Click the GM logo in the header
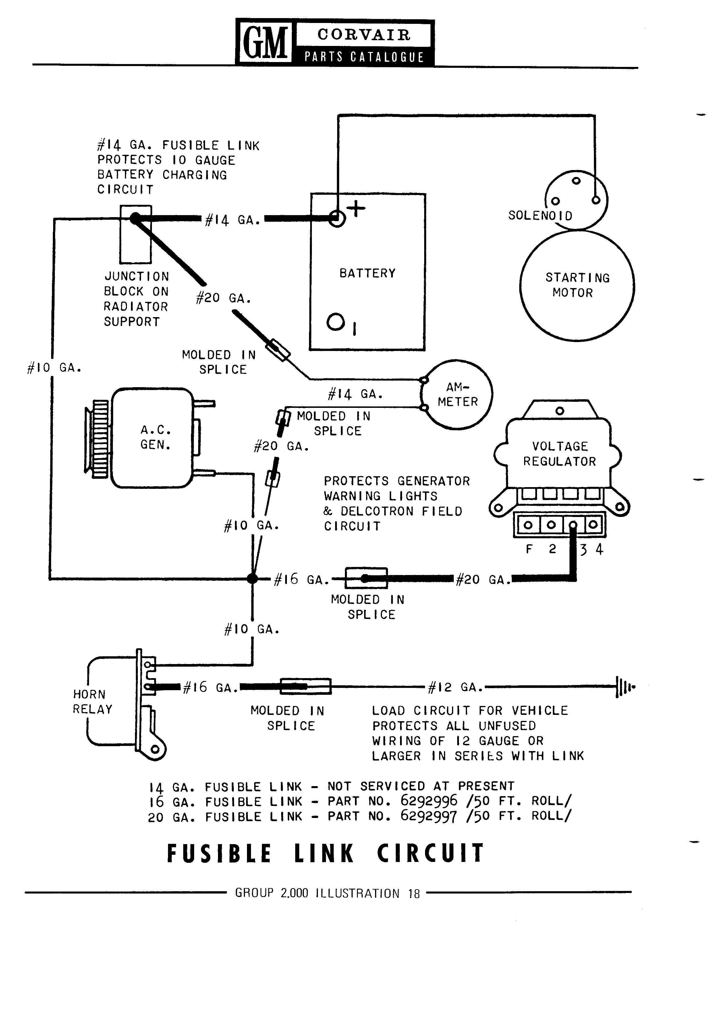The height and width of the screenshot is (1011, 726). coord(265,42)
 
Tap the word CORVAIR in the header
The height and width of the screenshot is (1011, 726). coord(364,34)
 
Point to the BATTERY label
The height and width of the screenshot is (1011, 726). coord(368,273)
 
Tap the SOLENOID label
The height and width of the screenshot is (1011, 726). coord(540,216)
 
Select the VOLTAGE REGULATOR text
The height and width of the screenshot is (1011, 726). coord(560,454)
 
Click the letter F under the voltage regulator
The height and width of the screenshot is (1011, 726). coord(529,549)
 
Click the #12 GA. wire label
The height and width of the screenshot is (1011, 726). coord(455,687)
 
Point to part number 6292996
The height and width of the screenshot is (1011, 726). coord(429,800)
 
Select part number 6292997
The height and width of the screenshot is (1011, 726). coord(429,816)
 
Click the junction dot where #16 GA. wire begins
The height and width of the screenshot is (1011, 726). coord(252,579)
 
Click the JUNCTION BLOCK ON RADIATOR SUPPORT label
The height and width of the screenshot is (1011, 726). coord(136,299)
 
